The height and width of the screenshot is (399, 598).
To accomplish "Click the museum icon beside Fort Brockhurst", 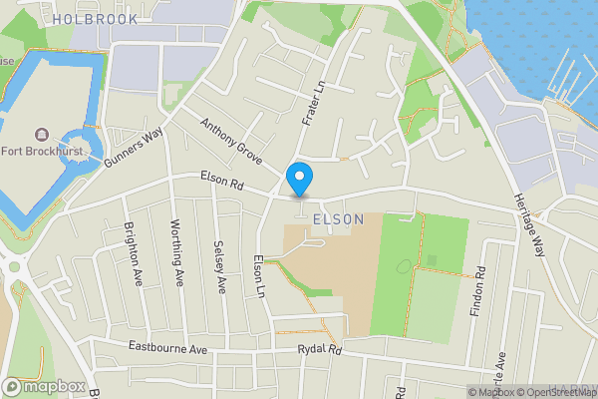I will (39, 135).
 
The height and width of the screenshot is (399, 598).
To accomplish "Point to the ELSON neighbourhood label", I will (337, 218).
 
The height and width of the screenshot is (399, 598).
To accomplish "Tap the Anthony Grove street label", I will (230, 142).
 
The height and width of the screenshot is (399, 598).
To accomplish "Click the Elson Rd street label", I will (221, 185).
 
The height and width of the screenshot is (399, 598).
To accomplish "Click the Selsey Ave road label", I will (219, 266).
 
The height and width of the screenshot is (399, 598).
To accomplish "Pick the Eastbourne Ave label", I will (166, 348).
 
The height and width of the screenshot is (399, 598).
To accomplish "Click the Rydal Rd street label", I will (319, 350).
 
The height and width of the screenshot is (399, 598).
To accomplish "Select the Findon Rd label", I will (480, 287).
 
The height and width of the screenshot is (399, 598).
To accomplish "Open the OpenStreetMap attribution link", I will (557, 392).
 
